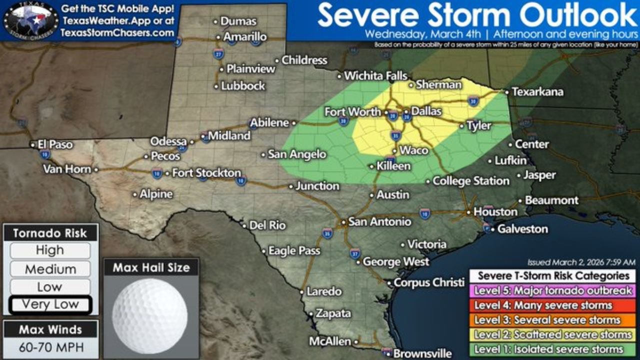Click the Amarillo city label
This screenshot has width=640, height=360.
tap(245, 37)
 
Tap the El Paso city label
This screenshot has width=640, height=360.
tap(55, 144)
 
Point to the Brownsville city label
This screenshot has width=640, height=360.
tap(422, 353)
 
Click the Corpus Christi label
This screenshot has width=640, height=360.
tap(429, 282)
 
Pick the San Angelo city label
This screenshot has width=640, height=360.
tap(297, 154)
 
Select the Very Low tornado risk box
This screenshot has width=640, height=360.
tap(50, 304)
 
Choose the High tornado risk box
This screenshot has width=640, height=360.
tap(50, 250)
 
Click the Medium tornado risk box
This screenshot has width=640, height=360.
tap(50, 269)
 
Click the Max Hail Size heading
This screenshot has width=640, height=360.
tap(151, 267)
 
